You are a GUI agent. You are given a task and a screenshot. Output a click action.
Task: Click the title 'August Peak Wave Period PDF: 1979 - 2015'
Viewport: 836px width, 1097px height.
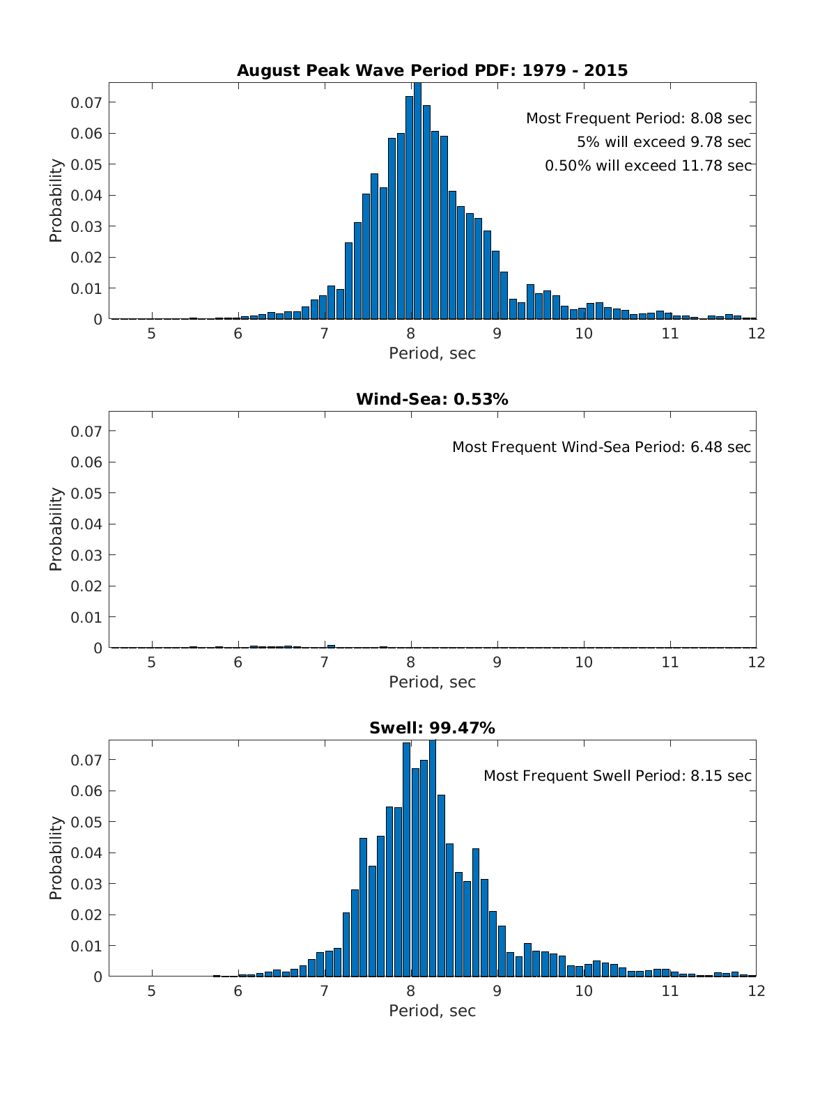tap(432, 70)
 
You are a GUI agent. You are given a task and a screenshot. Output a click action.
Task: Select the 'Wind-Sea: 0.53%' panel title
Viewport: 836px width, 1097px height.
tap(432, 399)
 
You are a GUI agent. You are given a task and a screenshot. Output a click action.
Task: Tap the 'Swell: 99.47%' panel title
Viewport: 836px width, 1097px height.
tap(432, 728)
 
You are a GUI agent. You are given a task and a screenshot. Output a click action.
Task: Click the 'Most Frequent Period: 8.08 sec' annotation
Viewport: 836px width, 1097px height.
tap(638, 118)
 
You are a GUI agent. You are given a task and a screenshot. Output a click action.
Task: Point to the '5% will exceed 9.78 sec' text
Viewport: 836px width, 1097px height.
tap(663, 142)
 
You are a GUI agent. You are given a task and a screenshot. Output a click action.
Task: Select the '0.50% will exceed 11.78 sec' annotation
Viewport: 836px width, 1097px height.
tap(648, 166)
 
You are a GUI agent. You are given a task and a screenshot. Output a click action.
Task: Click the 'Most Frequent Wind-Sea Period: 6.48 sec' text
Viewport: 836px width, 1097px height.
tap(601, 447)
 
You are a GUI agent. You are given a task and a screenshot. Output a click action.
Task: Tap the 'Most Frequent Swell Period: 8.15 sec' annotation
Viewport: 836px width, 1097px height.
tap(617, 776)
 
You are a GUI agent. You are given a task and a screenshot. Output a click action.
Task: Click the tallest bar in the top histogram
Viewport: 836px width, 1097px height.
tap(417, 202)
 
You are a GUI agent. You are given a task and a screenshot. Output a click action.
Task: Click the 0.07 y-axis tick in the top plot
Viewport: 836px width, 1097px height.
tap(86, 102)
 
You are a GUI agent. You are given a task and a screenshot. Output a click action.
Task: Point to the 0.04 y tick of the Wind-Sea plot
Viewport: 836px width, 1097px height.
tap(86, 524)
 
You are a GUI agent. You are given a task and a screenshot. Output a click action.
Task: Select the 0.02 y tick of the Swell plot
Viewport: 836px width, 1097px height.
tap(86, 915)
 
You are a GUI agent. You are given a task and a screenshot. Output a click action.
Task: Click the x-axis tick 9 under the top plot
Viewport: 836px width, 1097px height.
tap(497, 334)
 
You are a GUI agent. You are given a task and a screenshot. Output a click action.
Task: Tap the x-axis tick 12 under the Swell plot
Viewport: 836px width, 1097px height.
tap(756, 991)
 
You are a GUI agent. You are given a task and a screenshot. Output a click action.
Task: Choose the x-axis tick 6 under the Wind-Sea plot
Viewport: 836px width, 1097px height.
tap(238, 662)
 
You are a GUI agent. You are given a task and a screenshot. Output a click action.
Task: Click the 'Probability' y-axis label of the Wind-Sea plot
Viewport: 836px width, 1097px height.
tap(56, 529)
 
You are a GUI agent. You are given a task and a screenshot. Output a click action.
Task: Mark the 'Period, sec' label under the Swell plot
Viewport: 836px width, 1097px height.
tap(432, 1011)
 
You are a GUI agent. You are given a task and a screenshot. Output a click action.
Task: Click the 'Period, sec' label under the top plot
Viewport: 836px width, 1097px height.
tap(432, 353)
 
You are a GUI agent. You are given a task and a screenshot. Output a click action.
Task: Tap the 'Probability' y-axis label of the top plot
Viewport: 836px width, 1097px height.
tap(56, 201)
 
